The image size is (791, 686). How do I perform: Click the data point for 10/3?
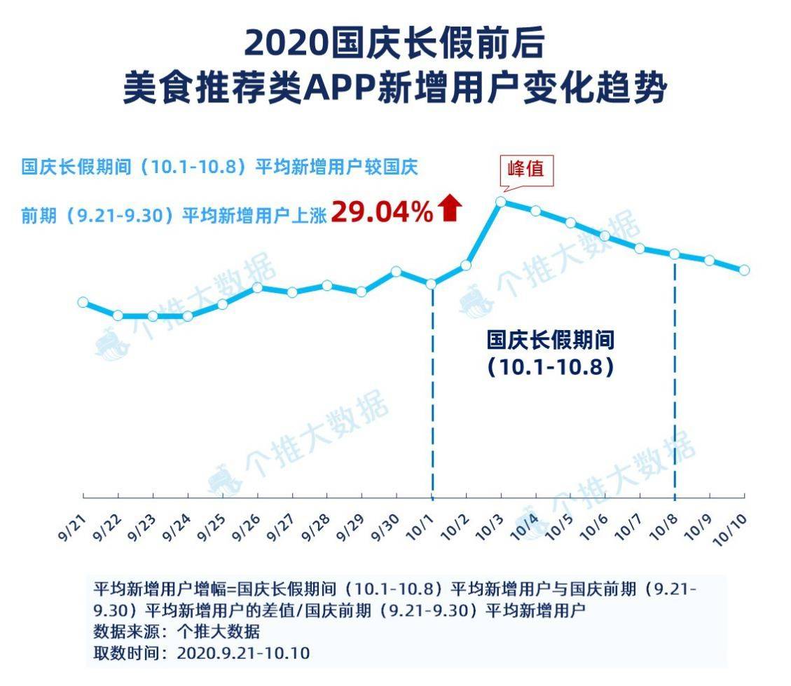pyautogui.click(x=500, y=202)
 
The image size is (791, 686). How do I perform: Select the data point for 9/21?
pyautogui.click(x=83, y=302)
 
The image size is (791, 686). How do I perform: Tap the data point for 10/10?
pyautogui.click(x=744, y=270)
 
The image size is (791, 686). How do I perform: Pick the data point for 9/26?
pyautogui.click(x=257, y=287)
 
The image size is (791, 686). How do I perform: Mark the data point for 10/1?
pyautogui.click(x=431, y=284)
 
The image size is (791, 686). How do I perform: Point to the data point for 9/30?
pyautogui.click(x=396, y=271)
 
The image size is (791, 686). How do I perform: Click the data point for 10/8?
pyautogui.click(x=675, y=254)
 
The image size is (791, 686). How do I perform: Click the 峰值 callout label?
pyautogui.click(x=526, y=169)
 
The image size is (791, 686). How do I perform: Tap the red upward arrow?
pyautogui.click(x=450, y=209)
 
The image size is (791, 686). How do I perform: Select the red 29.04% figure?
pyautogui.click(x=383, y=211)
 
